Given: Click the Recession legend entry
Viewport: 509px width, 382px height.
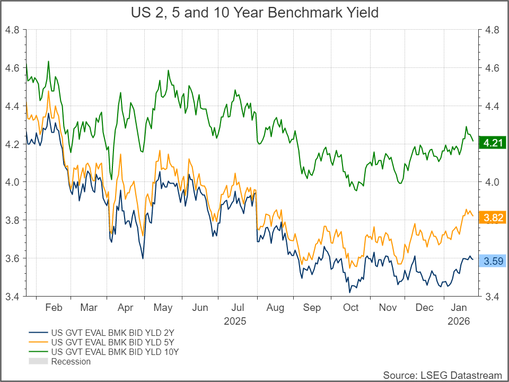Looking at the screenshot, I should [71, 361].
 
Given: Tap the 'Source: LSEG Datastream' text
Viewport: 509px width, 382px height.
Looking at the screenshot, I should [442, 375].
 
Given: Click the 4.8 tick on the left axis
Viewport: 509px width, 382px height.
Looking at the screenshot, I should [12, 30].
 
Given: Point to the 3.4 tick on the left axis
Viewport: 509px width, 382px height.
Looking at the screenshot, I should [12, 296].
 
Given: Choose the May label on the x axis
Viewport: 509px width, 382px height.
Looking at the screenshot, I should [162, 308].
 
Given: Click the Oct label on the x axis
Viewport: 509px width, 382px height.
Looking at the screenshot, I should [350, 308].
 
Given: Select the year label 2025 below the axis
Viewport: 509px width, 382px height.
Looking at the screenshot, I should [235, 321].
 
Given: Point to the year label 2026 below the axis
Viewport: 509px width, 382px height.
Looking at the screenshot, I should [458, 321].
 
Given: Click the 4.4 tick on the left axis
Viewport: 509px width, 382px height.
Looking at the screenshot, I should [12, 106].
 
